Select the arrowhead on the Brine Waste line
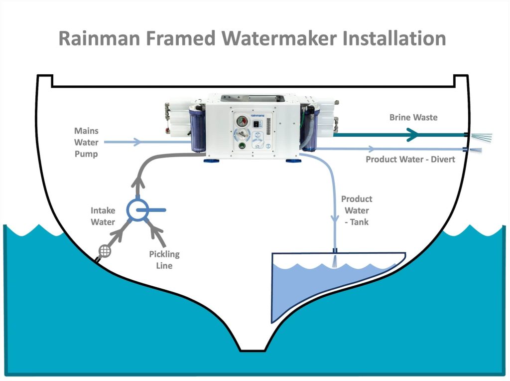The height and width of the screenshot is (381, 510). click(x=412, y=134)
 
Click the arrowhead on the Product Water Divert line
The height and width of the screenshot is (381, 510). click(x=371, y=149)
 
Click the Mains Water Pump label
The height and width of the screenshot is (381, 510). click(x=86, y=143)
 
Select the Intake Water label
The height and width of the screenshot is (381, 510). click(x=103, y=216)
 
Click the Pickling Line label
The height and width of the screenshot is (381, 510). click(x=164, y=260)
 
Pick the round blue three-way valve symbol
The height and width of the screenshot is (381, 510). click(x=137, y=210)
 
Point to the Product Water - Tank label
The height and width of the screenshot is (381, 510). click(x=356, y=210)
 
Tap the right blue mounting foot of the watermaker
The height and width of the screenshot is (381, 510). click(x=292, y=159)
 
